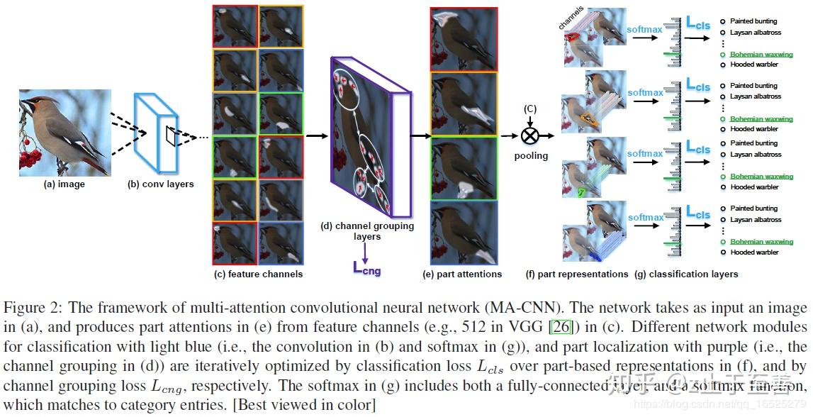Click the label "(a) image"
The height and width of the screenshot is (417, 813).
click(64, 184)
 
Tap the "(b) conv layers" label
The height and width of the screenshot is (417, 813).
click(160, 184)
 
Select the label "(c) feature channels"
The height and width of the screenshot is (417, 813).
click(258, 274)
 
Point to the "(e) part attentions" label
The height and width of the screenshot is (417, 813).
click(462, 274)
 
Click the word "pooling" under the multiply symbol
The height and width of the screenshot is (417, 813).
click(531, 155)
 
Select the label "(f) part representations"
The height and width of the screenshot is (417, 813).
click(577, 274)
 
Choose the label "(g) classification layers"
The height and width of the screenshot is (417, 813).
click(686, 274)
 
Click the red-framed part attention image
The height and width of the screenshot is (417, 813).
click(464, 40)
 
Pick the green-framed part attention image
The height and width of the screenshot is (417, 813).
click(464, 169)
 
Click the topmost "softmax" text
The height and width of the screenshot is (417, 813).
click(644, 30)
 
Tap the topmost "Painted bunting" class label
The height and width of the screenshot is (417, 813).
click(753, 21)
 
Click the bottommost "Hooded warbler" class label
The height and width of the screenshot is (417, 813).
click(753, 252)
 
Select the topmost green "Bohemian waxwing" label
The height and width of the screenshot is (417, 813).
click(761, 55)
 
